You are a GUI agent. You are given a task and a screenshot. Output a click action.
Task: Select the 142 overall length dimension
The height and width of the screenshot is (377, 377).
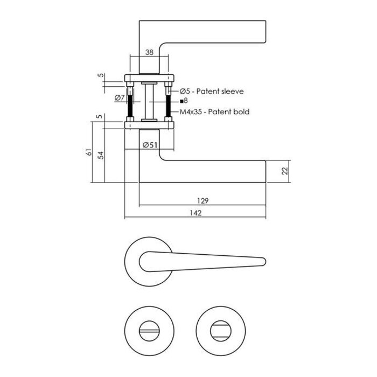click(x=195, y=213)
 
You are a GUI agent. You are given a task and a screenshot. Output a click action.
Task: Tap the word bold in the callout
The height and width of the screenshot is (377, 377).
click(x=240, y=112)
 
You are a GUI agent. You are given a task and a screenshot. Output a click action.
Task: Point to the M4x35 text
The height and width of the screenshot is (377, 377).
click(x=190, y=112)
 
